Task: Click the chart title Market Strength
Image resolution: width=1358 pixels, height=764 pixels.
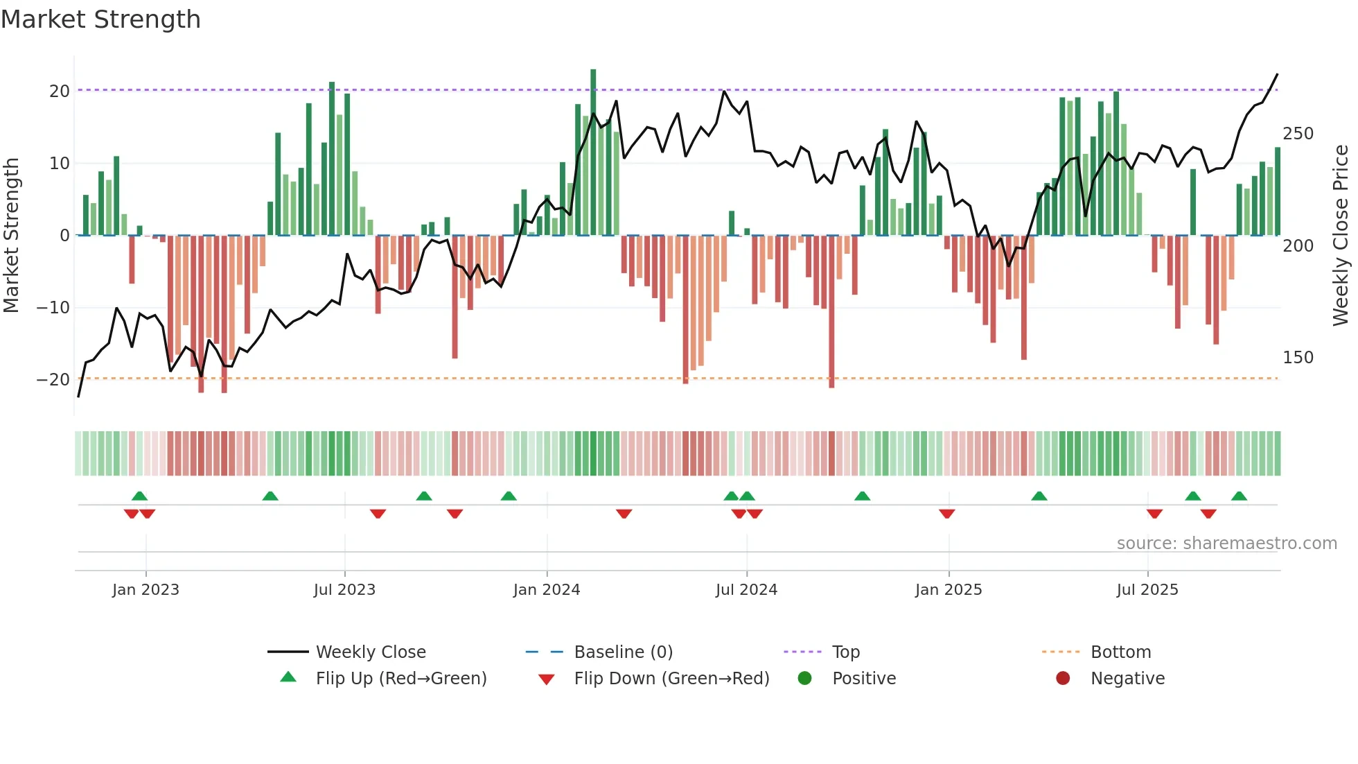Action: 100,19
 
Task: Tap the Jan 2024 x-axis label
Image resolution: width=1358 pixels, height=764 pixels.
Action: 546,590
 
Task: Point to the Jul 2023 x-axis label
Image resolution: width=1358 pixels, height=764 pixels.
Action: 344,590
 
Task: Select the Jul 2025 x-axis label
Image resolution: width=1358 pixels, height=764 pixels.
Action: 1147,590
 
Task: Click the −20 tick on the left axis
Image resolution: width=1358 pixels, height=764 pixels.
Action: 53,380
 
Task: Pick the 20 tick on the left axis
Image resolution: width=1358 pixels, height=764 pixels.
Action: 59,92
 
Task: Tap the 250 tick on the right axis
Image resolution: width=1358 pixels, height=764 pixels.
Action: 1298,134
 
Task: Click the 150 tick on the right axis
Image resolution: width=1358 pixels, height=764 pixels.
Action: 1298,358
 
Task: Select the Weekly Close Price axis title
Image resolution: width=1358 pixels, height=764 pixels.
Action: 1341,236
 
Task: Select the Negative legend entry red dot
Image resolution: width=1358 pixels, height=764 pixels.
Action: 1063,679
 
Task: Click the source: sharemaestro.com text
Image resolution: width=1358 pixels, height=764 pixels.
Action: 1226,544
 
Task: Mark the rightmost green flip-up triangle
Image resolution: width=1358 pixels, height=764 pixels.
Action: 1239,496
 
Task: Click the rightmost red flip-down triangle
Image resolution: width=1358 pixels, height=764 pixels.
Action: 1208,514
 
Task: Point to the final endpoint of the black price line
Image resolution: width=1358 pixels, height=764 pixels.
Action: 1277,74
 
